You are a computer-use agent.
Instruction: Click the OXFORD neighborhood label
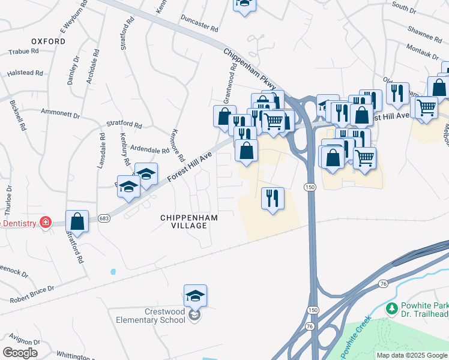click(x=48, y=41)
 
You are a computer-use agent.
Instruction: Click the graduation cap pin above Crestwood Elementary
click(x=195, y=296)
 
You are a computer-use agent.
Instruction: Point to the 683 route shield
click(x=104, y=218)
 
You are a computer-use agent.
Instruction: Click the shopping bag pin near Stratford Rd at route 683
click(x=77, y=221)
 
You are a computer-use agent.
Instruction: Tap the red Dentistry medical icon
click(x=45, y=223)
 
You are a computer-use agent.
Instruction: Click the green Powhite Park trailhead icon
click(x=392, y=308)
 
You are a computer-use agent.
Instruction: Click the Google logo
click(x=20, y=353)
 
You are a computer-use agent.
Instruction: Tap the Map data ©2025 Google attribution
click(x=412, y=355)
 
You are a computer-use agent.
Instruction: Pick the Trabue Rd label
click(x=24, y=52)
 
